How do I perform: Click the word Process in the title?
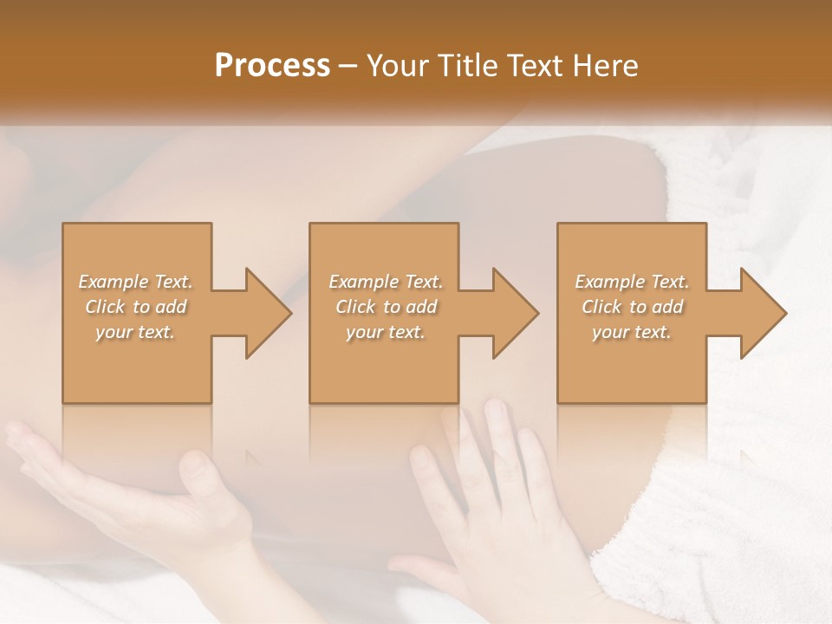pos(272,66)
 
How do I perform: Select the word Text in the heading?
pos(534,66)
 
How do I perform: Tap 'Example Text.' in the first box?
pos(135,282)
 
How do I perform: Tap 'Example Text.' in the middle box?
pos(386,282)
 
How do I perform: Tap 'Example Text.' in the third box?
pos(632,282)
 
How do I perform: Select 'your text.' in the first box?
pos(135,332)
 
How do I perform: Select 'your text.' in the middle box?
pos(386,332)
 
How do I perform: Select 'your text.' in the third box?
pos(632,332)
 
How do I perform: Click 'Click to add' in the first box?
pos(135,307)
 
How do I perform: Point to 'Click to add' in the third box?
pos(632,307)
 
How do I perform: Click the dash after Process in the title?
pos(348,66)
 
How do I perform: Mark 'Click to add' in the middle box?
pos(386,307)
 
